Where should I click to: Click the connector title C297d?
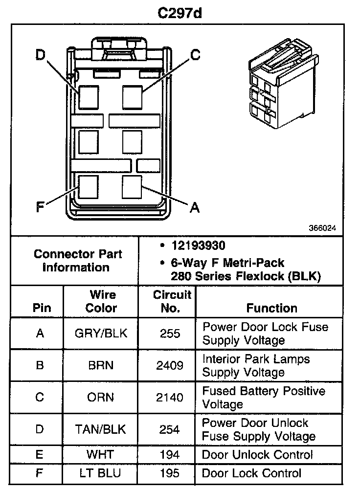(x=180, y=13)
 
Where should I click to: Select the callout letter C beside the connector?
(x=195, y=55)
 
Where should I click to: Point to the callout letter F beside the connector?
(x=40, y=208)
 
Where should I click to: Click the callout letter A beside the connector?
(x=195, y=208)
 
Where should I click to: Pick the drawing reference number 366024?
(x=322, y=228)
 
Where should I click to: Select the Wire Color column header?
(x=101, y=301)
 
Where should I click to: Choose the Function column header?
(x=271, y=308)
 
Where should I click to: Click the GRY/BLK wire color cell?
(x=101, y=334)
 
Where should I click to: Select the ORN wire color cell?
(x=101, y=397)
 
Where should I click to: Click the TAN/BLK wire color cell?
(x=101, y=429)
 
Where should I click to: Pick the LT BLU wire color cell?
(x=101, y=473)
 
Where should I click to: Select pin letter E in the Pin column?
(x=40, y=455)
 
